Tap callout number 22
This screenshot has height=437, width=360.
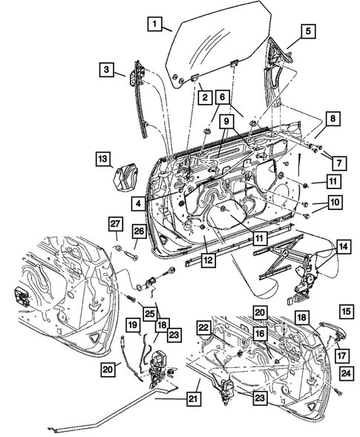click(x=204, y=327)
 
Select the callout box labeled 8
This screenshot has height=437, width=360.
click(x=333, y=118)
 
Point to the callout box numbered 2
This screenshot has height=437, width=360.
click(x=201, y=96)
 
